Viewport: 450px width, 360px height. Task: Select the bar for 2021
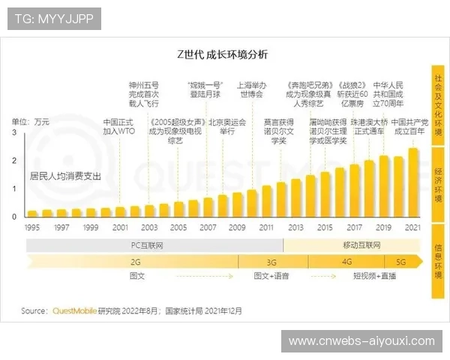pos(413,183)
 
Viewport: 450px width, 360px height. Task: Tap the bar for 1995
pos(33,214)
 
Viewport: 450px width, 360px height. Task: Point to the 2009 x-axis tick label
pos(236,227)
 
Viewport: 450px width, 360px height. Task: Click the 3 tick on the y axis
pos(13,132)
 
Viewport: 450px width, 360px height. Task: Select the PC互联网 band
pos(154,245)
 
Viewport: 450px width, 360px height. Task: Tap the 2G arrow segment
pos(135,262)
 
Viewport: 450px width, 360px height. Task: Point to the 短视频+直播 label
pos(376,276)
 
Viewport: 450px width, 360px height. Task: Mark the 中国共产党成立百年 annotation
pos(409,126)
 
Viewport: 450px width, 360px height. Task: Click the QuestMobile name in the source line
pos(73,310)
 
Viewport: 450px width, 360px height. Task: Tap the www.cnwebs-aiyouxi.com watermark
pos(361,341)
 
